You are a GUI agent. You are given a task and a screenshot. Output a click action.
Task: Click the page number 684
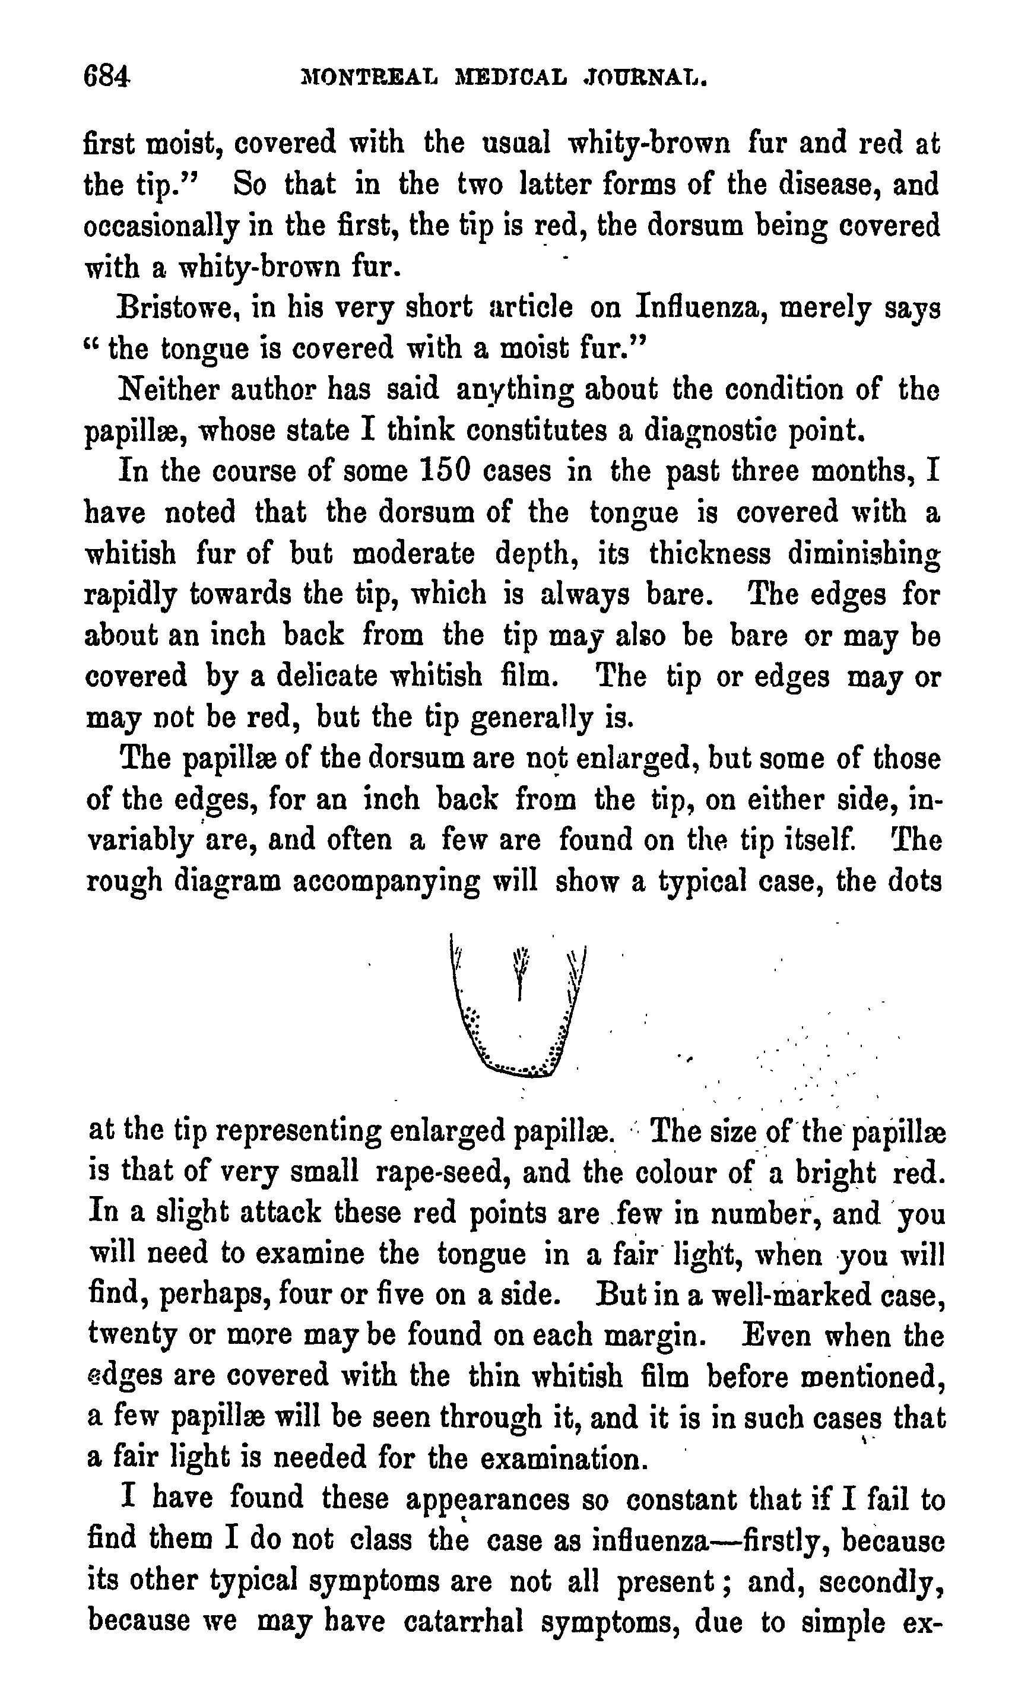pyautogui.click(x=106, y=76)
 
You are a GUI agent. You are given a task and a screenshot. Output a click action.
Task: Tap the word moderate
pyautogui.click(x=413, y=553)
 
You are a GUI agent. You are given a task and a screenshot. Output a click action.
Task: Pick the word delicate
pyautogui.click(x=327, y=677)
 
